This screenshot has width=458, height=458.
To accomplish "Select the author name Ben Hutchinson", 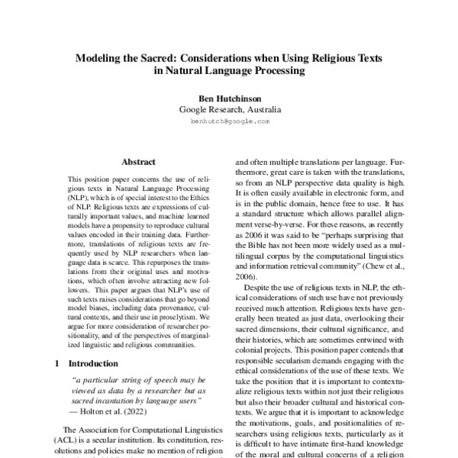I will [228, 98].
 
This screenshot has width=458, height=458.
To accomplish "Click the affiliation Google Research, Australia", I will [228, 110].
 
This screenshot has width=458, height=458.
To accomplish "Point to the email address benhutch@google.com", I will [228, 121].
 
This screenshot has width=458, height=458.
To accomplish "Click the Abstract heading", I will [138, 162].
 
